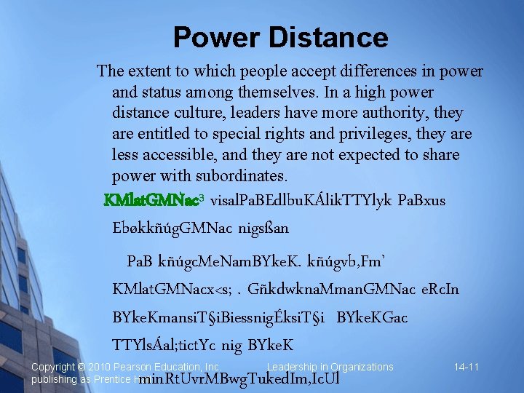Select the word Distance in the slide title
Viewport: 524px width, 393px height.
[325, 37]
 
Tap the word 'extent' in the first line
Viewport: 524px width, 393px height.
[149, 71]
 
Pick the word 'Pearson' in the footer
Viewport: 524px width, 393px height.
[142, 367]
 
